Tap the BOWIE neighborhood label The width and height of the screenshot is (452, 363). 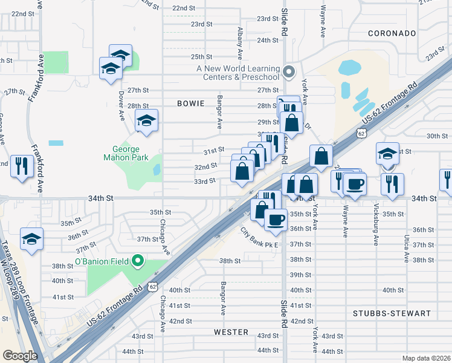(x=192, y=103)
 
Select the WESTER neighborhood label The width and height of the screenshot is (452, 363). (x=231, y=332)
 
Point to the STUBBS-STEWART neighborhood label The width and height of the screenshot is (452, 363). (x=392, y=313)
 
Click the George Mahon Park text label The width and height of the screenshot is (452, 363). (x=126, y=154)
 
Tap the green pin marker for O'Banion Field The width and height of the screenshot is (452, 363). (x=138, y=261)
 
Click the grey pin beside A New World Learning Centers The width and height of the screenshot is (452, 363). (x=289, y=72)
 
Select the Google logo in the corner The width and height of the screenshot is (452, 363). (x=20, y=356)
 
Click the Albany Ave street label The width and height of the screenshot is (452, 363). (x=240, y=38)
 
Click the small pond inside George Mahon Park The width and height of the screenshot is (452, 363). (x=157, y=169)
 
